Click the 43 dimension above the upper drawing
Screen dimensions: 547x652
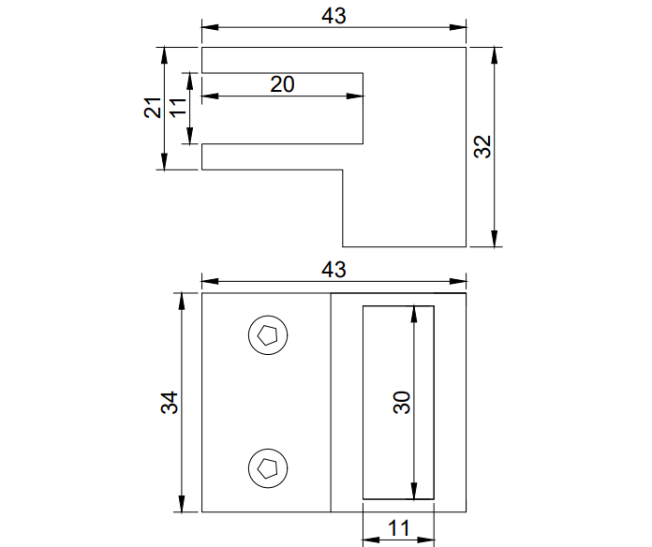(x=333, y=16)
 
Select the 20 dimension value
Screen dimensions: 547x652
(x=282, y=83)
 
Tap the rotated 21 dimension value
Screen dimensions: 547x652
(x=153, y=108)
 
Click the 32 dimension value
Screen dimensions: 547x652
(x=482, y=147)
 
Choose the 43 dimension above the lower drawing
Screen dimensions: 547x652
(x=333, y=269)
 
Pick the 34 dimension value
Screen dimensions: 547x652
(x=169, y=403)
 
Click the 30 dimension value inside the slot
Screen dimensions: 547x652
(x=402, y=403)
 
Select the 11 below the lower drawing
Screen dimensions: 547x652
(x=398, y=528)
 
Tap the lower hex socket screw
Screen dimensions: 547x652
(x=268, y=467)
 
